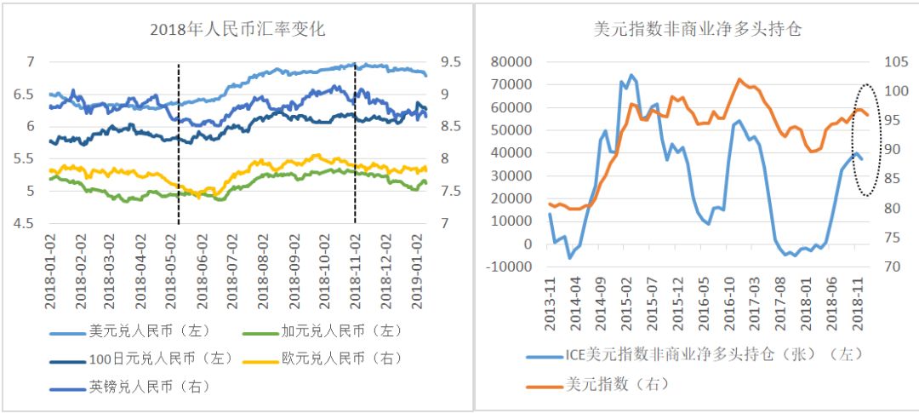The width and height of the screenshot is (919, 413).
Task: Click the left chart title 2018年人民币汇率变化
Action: pyautogui.click(x=237, y=30)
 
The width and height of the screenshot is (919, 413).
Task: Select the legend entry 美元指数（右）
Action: pyautogui.click(x=617, y=383)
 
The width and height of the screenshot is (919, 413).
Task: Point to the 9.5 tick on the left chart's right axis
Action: pyautogui.click(x=451, y=62)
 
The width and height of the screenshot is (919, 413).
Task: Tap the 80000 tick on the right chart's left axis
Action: pyautogui.click(x=511, y=62)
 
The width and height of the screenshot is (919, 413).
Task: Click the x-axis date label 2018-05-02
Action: pyautogui.click(x=177, y=272)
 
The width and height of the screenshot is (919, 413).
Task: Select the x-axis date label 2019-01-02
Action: pyautogui.click(x=414, y=272)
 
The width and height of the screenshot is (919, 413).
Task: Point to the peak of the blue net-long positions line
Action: pyautogui.click(x=631, y=75)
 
